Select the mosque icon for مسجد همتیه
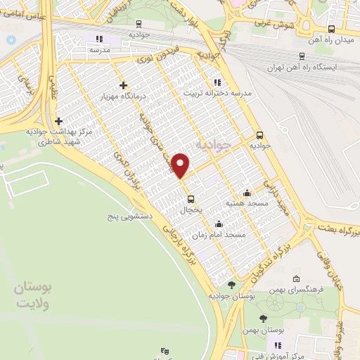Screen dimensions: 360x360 [x=246, y=193]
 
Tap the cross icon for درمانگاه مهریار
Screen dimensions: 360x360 [x=123, y=85]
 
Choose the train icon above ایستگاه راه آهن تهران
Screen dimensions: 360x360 [x=302, y=56]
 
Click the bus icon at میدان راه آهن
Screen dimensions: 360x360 [x=330, y=29]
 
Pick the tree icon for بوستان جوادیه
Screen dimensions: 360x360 [x=231, y=285]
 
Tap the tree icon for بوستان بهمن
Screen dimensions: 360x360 [x=267, y=317]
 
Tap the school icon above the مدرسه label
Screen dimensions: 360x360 [x=99, y=39]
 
